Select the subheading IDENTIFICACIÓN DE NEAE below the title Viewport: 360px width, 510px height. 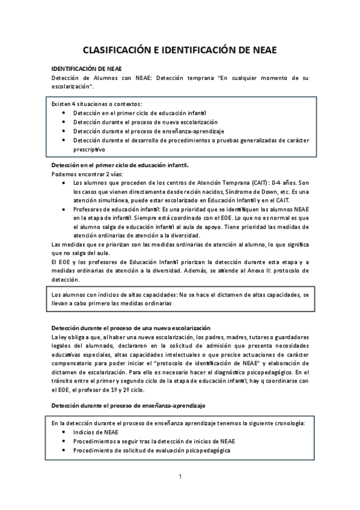click(x=87, y=70)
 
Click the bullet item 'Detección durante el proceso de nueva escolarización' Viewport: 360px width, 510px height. click(x=142, y=122)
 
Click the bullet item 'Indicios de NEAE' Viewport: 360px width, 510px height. click(x=96, y=432)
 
